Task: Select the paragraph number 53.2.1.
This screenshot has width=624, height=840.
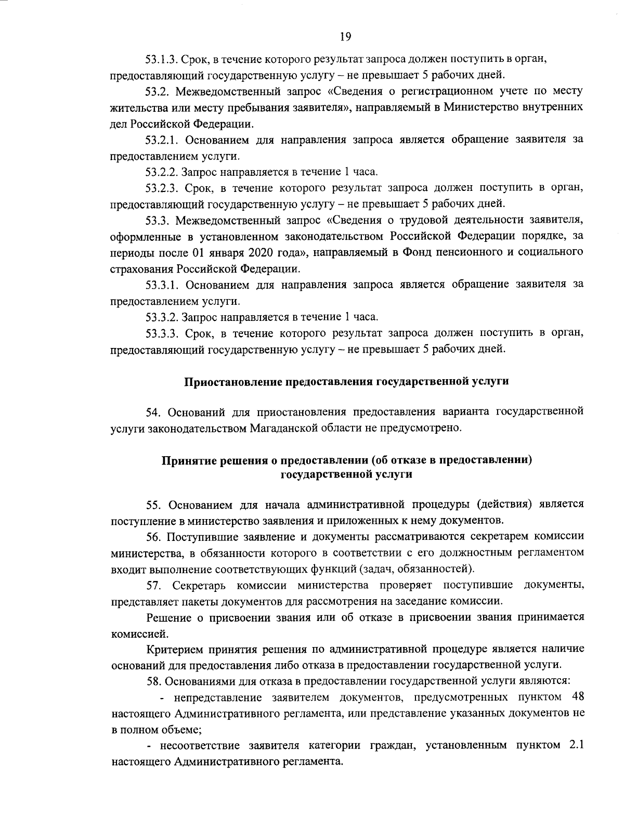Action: tap(163, 140)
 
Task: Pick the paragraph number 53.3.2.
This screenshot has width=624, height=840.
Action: tap(163, 317)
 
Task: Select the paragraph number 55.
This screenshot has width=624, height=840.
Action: tap(153, 504)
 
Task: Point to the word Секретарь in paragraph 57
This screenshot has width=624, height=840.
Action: tap(200, 585)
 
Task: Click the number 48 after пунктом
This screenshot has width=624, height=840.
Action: tap(577, 696)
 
